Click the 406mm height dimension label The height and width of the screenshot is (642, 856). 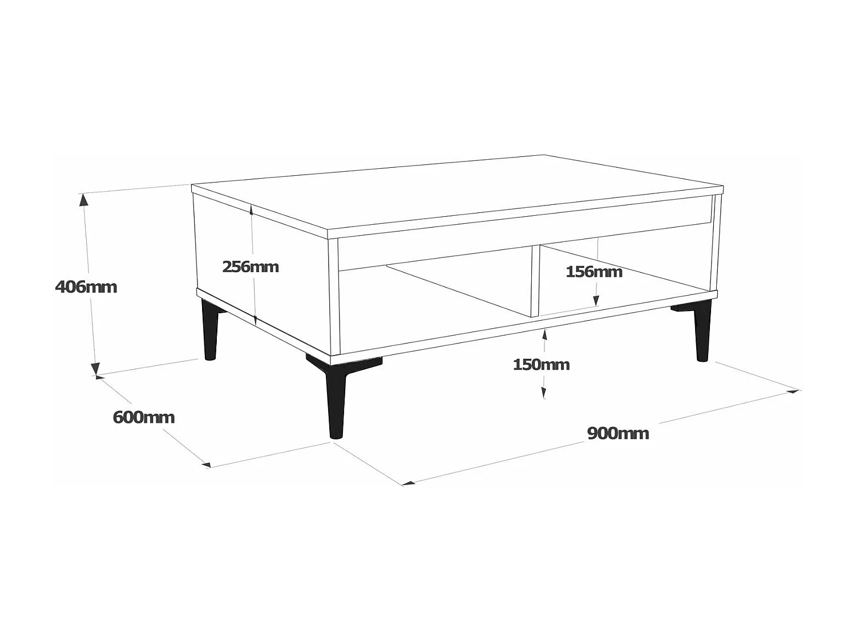click(x=86, y=286)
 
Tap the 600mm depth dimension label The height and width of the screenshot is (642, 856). click(x=144, y=417)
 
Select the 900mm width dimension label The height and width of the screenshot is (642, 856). click(x=618, y=433)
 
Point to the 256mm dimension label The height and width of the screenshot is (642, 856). click(x=251, y=267)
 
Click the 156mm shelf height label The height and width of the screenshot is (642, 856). click(x=594, y=272)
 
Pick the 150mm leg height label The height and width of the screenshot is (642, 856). click(x=541, y=364)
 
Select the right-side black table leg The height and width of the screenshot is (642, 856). click(x=702, y=334)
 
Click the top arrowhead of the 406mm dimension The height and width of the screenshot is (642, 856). click(x=84, y=199)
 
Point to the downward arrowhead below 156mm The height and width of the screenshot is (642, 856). click(x=596, y=300)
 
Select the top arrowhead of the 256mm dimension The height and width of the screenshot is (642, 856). click(x=251, y=210)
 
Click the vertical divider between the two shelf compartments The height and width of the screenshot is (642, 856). click(x=535, y=281)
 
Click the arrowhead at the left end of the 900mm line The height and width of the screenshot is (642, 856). click(x=408, y=483)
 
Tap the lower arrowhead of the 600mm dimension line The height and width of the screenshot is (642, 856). click(x=206, y=465)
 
